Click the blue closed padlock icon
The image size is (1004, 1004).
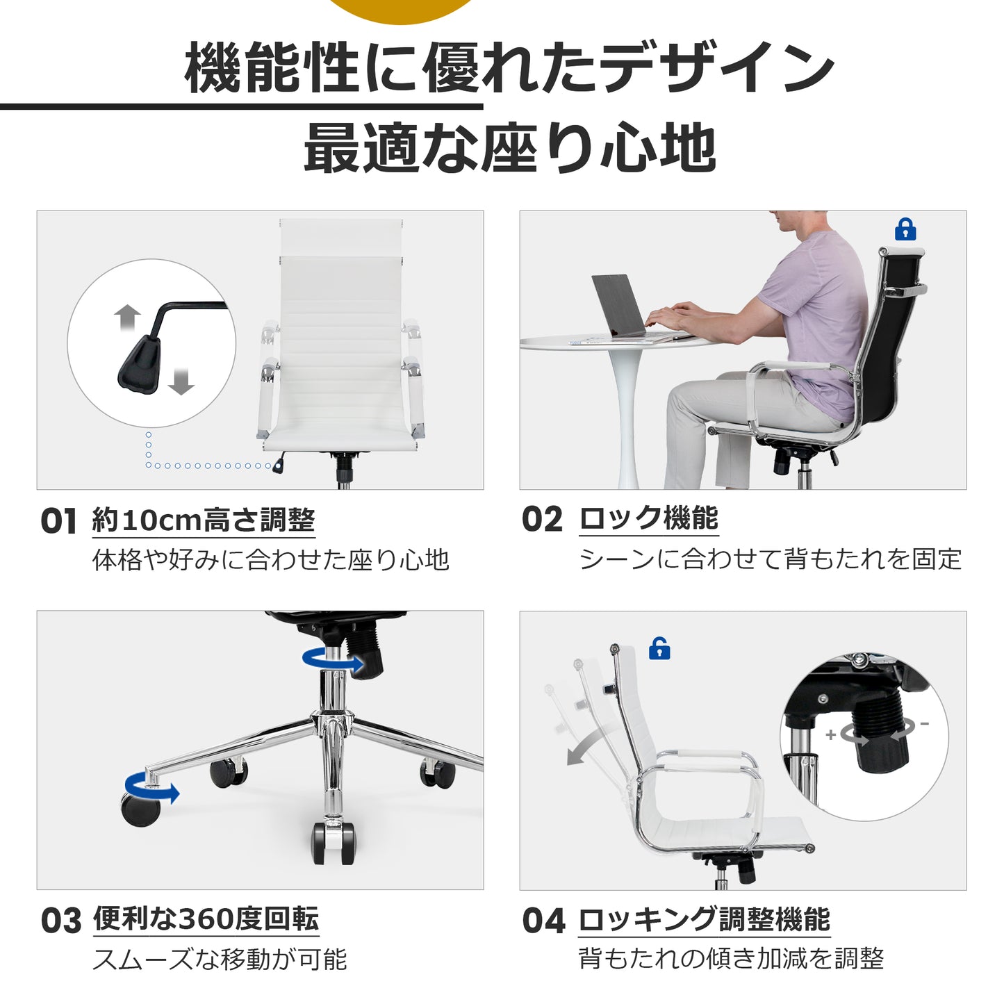905,229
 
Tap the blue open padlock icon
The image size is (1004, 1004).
659,649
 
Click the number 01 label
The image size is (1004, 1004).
58,521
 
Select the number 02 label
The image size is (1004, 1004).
542,520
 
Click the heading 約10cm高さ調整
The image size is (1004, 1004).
204,520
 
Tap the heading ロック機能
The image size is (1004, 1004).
649,518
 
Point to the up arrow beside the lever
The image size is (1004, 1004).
128,318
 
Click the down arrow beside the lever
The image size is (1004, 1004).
181,381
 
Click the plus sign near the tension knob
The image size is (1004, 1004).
830,734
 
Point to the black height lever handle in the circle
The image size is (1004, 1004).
140,364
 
